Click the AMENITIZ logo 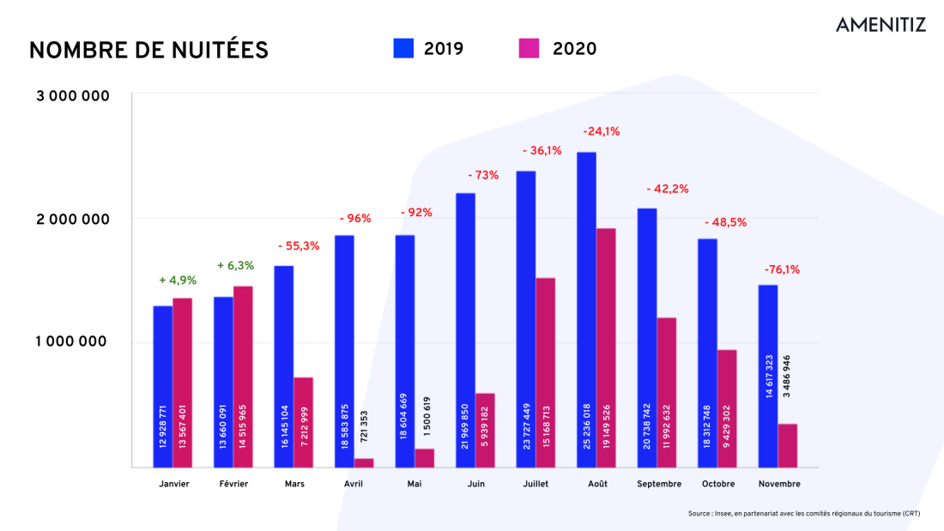click(x=880, y=24)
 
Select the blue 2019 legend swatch click(x=403, y=48)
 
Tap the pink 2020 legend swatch click(x=529, y=48)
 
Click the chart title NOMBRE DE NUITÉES click(x=148, y=51)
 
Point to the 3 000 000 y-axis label click(x=73, y=96)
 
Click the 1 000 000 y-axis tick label click(x=73, y=341)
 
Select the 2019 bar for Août click(x=586, y=309)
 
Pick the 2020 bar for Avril click(x=364, y=462)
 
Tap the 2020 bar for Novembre click(x=788, y=445)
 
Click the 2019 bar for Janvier click(x=163, y=386)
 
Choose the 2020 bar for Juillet click(x=545, y=372)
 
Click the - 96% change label click(x=354, y=219)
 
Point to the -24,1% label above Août click(x=601, y=132)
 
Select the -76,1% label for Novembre click(x=782, y=269)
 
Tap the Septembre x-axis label click(x=659, y=484)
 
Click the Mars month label click(x=294, y=484)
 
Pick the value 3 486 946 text click(x=787, y=375)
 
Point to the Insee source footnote click(x=803, y=514)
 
